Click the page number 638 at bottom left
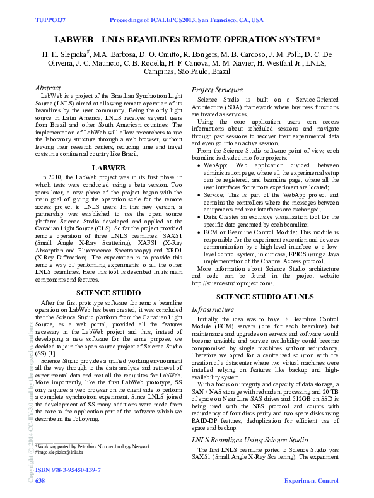point(40,481)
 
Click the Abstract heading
point(48,88)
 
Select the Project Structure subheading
point(216,90)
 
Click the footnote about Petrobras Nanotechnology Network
point(93,446)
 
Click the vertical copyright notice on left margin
point(30,404)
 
